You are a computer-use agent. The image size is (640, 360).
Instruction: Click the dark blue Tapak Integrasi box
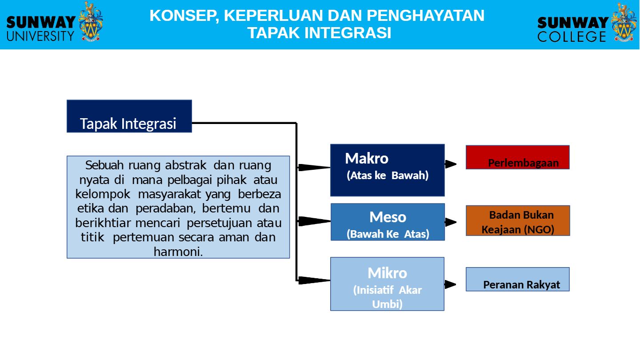pos(129,116)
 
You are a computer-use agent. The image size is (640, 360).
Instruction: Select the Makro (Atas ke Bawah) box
pos(388,170)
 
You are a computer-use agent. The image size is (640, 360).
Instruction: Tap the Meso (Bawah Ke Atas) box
pos(388,222)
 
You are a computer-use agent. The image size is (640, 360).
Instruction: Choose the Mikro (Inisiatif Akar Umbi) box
pos(388,284)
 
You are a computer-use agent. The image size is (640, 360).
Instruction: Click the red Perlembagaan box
pos(518,157)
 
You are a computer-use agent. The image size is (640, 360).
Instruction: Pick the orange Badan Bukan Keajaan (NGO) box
pos(518,220)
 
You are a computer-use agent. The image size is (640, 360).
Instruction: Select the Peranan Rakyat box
pos(518,279)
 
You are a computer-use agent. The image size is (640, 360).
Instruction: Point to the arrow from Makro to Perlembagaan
pos(451,164)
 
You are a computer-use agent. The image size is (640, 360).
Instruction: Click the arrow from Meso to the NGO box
pos(451,222)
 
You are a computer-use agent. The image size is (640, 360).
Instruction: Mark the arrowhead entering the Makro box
pos(314,168)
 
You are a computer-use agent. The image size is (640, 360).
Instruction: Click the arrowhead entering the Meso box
pos(314,221)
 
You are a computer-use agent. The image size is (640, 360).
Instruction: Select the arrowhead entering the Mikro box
pos(314,280)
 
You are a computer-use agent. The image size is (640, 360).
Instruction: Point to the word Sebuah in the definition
pos(104,165)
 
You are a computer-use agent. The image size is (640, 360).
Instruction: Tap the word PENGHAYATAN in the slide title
pos(426,16)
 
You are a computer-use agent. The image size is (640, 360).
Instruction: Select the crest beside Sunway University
pos(91,21)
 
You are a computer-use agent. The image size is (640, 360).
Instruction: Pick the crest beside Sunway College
pos(624,22)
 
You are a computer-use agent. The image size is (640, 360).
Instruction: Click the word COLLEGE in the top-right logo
pos(572,36)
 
